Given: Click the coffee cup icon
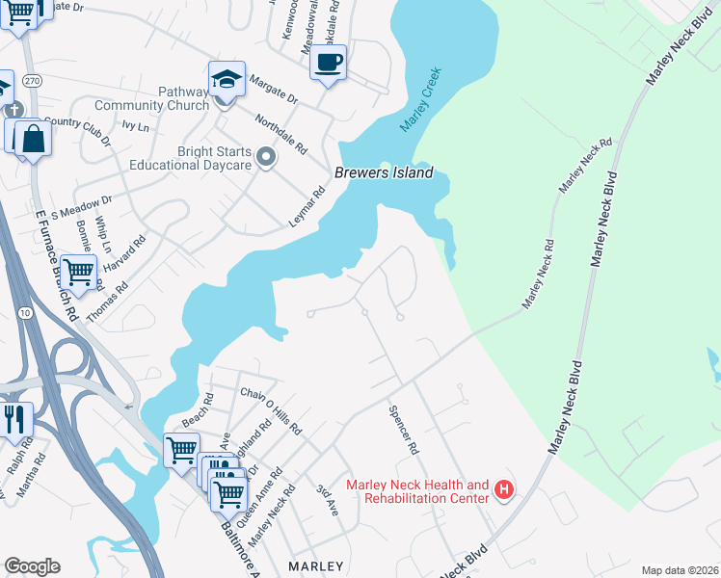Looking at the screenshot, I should pyautogui.click(x=328, y=64).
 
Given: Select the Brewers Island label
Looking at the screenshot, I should pyautogui.click(x=384, y=173).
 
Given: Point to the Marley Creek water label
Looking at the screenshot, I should pyautogui.click(x=417, y=103).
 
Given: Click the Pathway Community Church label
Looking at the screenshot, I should pyautogui.click(x=152, y=98).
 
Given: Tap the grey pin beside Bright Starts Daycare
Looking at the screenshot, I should pyautogui.click(x=267, y=156).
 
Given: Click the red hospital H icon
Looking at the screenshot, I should pyautogui.click(x=503, y=491).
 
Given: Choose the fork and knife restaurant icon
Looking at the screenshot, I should pyautogui.click(x=14, y=419).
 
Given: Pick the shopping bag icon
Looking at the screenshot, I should pyautogui.click(x=33, y=139).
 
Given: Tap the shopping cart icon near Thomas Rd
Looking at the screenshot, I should pyautogui.click(x=78, y=273).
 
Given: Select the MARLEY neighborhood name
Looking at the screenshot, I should pyautogui.click(x=316, y=565).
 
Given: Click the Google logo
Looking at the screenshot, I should pyautogui.click(x=32, y=566).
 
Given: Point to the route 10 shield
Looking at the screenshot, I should pyautogui.click(x=23, y=311).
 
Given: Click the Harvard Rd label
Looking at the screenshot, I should pyautogui.click(x=127, y=253).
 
